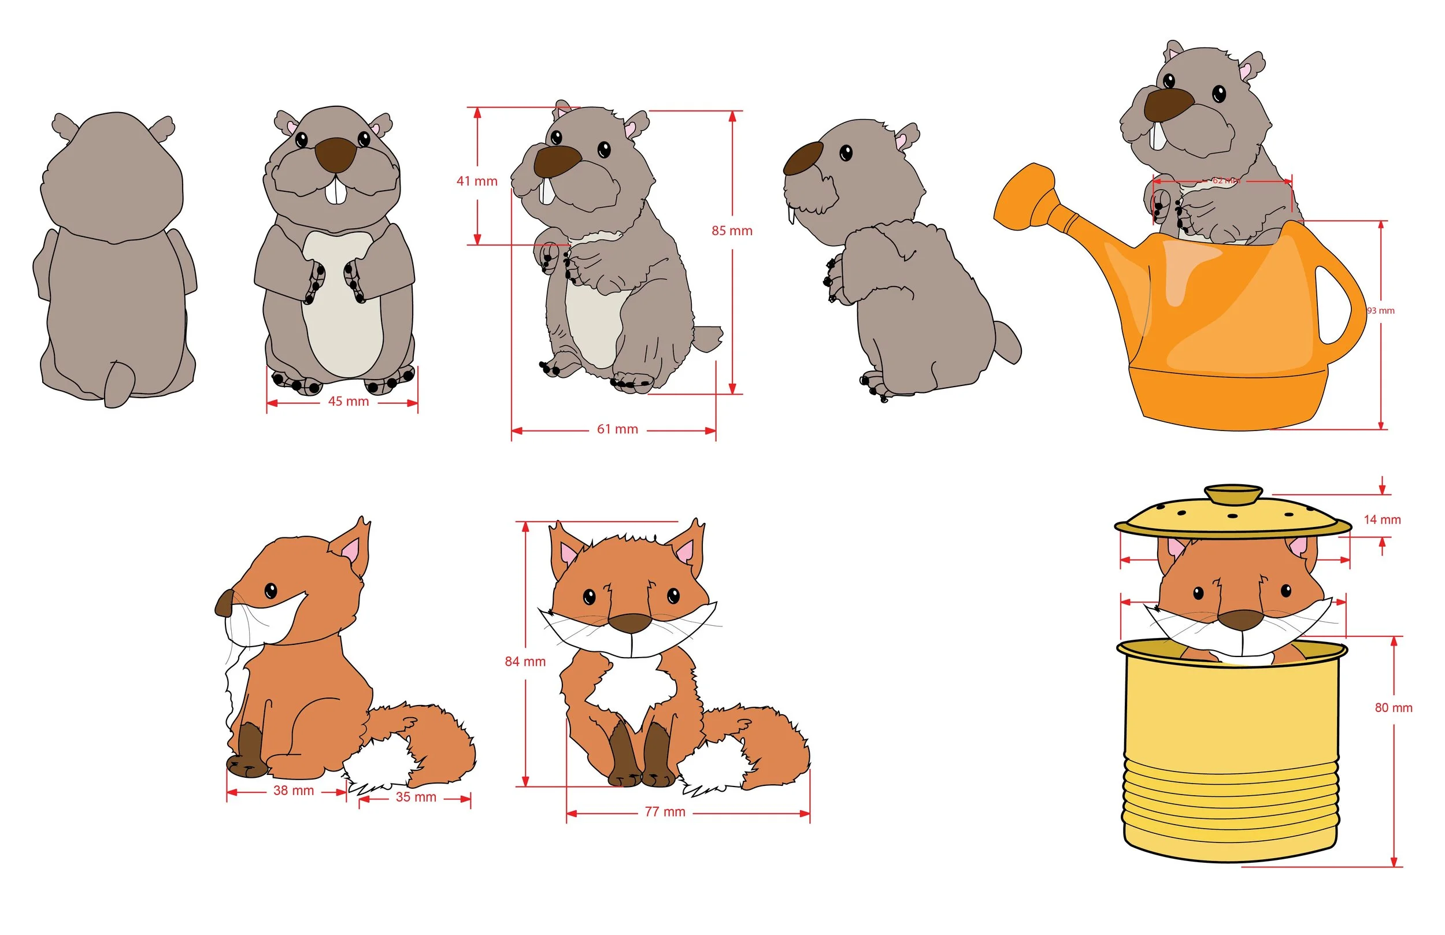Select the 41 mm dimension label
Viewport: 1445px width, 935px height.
[x=477, y=181]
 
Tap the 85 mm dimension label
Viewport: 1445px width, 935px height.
[x=732, y=231]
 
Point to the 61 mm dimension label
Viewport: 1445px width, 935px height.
[x=617, y=430]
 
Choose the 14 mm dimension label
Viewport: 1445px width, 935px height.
[x=1382, y=520]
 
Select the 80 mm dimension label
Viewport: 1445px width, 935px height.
[x=1394, y=708]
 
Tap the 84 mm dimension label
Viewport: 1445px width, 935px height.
[x=525, y=662]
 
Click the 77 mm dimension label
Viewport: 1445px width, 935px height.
[x=665, y=812]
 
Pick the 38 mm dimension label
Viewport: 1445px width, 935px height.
[x=293, y=791]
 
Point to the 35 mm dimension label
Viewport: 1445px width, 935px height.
[x=416, y=798]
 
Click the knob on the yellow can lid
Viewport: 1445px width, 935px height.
[x=1233, y=494]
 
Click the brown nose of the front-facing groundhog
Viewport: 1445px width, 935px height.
[x=335, y=154]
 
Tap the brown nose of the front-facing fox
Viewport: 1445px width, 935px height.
[x=630, y=623]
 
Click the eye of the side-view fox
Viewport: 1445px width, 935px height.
[x=271, y=590]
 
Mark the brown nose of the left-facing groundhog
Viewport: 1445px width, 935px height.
[x=803, y=158]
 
